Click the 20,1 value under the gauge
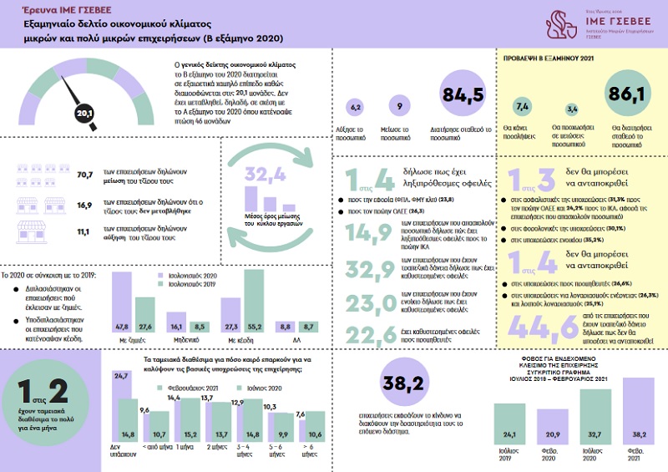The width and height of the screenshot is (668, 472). tap(84, 110)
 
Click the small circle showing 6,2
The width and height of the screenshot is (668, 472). tap(354, 108)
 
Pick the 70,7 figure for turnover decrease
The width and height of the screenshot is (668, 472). tap(83, 176)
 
